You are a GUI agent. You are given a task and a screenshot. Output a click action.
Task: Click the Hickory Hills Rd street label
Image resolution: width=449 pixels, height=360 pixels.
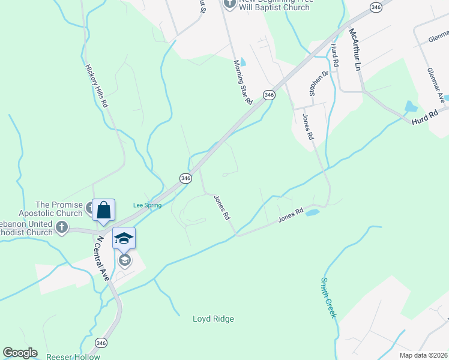coord(96,86)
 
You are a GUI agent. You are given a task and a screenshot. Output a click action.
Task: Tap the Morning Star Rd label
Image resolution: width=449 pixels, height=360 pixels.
coord(242,82)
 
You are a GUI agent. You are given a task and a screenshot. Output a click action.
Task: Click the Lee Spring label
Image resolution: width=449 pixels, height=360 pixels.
coord(147,205)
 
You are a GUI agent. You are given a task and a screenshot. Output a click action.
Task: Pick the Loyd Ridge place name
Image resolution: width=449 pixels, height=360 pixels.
coord(213,319)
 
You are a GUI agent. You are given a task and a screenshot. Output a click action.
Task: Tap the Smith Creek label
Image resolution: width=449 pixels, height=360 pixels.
coord(328,297)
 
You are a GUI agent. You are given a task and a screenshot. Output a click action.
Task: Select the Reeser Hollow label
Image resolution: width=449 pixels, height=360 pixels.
coord(73,356)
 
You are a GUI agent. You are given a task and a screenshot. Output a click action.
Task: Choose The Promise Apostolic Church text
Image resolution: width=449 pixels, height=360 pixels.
coord(59,209)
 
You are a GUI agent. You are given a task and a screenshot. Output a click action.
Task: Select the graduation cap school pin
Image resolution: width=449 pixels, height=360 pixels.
coord(124,239)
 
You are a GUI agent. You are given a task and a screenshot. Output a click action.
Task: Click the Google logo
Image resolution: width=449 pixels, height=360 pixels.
coord(20,353)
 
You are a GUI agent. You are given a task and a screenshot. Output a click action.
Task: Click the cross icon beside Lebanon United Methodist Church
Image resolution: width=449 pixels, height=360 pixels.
coord(62,227)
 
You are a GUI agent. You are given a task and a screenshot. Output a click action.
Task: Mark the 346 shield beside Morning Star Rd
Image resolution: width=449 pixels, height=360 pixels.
coord(269,95)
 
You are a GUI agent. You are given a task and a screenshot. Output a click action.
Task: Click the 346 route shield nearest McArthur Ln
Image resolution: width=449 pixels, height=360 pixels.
coord(376,7)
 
